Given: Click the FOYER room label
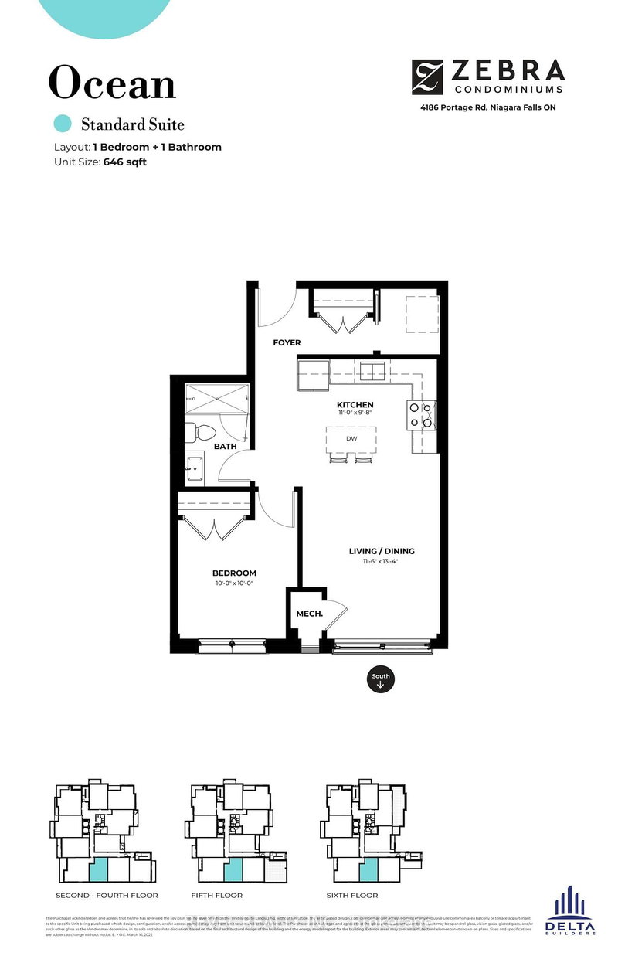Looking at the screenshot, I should (x=287, y=342).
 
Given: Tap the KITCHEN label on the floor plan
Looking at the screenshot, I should (x=355, y=404).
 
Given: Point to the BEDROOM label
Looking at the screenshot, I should (x=234, y=573).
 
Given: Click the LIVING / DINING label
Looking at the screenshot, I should (x=382, y=551).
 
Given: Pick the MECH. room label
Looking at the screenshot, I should (x=308, y=614).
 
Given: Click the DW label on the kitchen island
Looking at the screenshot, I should (x=351, y=438).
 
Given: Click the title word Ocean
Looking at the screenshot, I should (x=113, y=83).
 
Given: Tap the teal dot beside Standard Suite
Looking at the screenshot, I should (x=63, y=124).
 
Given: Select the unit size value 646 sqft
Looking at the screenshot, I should (x=124, y=162).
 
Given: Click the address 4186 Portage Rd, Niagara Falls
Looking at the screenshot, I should (x=487, y=107).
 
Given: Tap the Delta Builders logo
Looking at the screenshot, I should (x=570, y=911).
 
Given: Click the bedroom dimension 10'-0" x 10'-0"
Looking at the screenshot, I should (x=234, y=583).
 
